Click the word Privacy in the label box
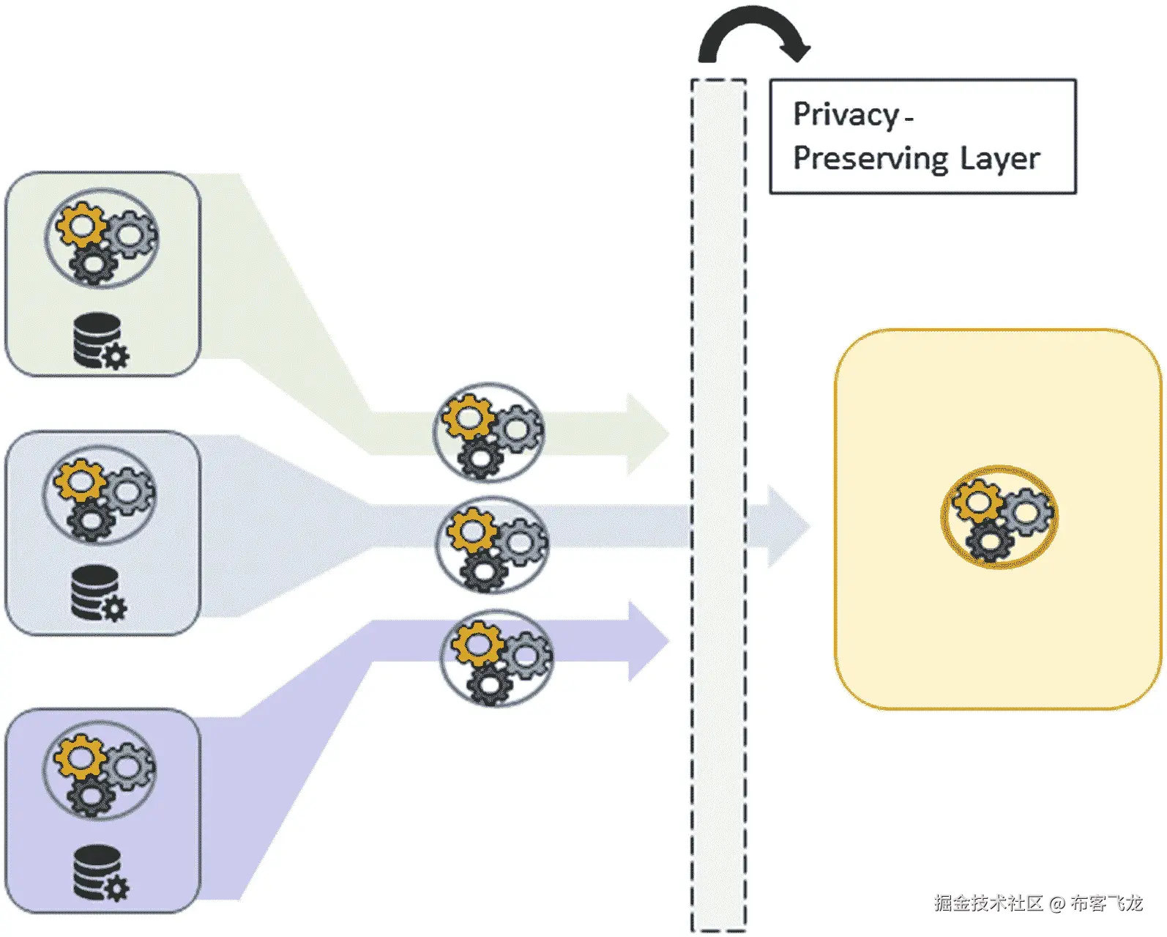point(846,115)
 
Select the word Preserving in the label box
point(871,159)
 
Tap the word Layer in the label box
point(1000,159)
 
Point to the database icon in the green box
point(102,341)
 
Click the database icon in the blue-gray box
point(100,593)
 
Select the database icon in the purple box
point(102,873)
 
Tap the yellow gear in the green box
point(81,225)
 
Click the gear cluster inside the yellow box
point(999,517)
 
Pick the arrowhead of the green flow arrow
point(648,434)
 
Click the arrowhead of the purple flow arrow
point(649,641)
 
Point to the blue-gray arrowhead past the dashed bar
point(788,526)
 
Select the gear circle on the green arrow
point(488,433)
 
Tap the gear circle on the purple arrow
point(496,658)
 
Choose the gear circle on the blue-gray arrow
point(493,545)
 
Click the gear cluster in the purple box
point(100,770)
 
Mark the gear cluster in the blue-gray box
point(100,495)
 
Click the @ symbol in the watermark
point(1057,903)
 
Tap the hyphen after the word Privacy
point(909,117)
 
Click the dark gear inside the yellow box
point(991,541)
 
